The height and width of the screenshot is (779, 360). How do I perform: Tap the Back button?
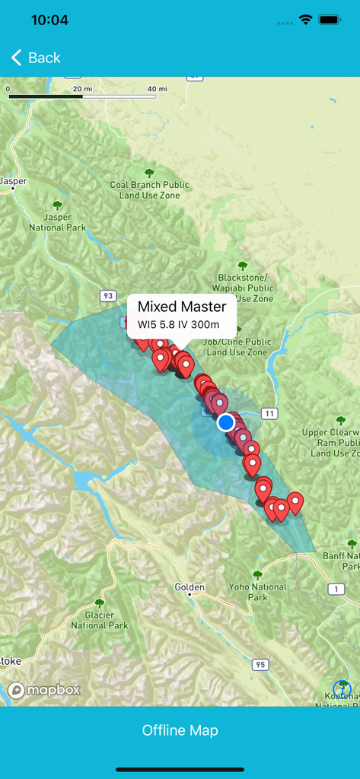[35, 58]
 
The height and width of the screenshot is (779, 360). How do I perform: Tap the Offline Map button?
[180, 730]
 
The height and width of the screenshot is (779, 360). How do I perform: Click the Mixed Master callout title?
[182, 307]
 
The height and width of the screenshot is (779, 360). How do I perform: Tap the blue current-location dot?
[225, 422]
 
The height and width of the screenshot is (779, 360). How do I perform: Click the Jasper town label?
[13, 182]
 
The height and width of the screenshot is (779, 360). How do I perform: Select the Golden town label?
[190, 587]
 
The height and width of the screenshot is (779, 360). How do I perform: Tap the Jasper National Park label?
[58, 222]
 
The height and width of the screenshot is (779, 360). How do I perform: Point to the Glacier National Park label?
[99, 620]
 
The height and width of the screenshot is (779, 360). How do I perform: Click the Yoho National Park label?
[257, 592]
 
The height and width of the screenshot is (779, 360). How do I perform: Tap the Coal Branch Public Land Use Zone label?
[149, 190]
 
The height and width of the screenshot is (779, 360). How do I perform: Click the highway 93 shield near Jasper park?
[107, 295]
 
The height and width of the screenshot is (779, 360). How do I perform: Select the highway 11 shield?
[269, 413]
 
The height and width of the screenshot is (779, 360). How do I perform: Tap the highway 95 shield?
[261, 665]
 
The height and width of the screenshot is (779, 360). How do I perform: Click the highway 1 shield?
[336, 589]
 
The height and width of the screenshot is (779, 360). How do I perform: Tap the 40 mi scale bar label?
[157, 89]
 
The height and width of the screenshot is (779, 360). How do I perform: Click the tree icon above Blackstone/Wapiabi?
[243, 265]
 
